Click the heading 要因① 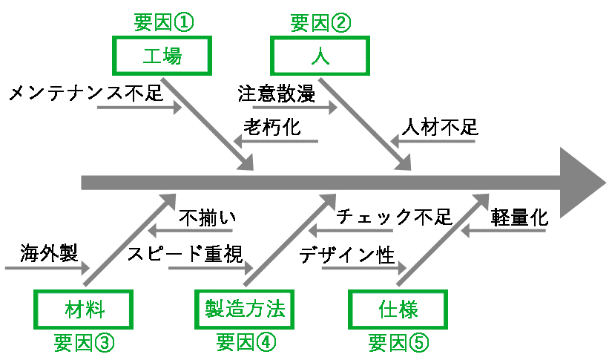(x=163, y=22)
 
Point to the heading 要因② (x=320, y=23)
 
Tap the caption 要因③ (x=84, y=342)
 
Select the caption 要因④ (x=246, y=342)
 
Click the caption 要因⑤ (x=398, y=342)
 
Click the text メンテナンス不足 (x=86, y=93)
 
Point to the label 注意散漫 (x=276, y=94)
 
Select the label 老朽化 (x=272, y=127)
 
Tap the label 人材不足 (x=440, y=127)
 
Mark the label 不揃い (x=208, y=217)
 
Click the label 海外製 (x=49, y=253)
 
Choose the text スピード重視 (x=185, y=254)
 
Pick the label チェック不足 (x=394, y=217)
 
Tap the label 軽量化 (x=519, y=217)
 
